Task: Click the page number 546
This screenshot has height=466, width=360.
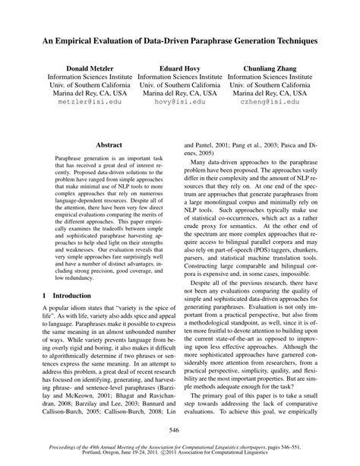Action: pyautogui.click(x=180, y=431)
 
